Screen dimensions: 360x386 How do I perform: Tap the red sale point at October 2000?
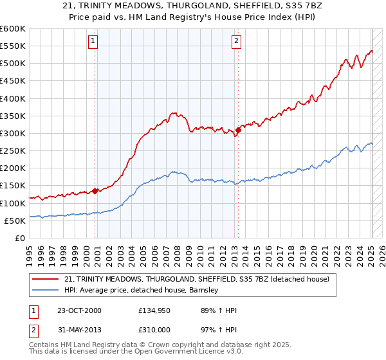click(95, 190)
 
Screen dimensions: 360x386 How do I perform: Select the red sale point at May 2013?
click(238, 130)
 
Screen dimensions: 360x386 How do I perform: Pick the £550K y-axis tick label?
click(13, 46)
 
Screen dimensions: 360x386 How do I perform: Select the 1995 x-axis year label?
click(29, 251)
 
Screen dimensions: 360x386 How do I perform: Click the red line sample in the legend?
click(46, 279)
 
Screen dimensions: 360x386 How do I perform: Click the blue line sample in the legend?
click(46, 290)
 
